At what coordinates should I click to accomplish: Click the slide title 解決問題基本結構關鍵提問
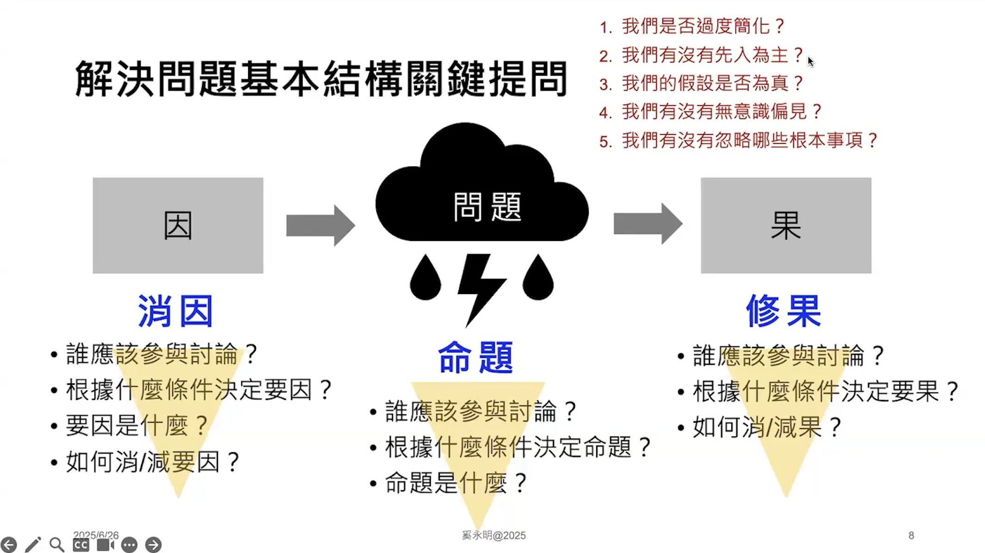coord(321,79)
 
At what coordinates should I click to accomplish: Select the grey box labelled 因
coord(178,225)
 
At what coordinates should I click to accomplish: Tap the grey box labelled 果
coord(786,225)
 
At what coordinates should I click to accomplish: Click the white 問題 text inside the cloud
coord(487,207)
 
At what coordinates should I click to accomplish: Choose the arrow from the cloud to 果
coord(648,224)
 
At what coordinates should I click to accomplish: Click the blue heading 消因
coord(175,311)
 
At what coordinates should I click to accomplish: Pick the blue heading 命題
coord(475,357)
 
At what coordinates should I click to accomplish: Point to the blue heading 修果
coord(783,311)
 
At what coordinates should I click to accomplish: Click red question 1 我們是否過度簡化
coord(692,26)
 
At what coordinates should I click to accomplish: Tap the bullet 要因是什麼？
coord(137,425)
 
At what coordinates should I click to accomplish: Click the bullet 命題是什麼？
coord(455,483)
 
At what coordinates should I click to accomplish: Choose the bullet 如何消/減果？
coord(766,427)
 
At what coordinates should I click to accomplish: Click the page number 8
coord(911,535)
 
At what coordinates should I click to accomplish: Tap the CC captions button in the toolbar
coord(81,545)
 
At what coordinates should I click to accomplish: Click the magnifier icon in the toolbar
coord(57,545)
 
